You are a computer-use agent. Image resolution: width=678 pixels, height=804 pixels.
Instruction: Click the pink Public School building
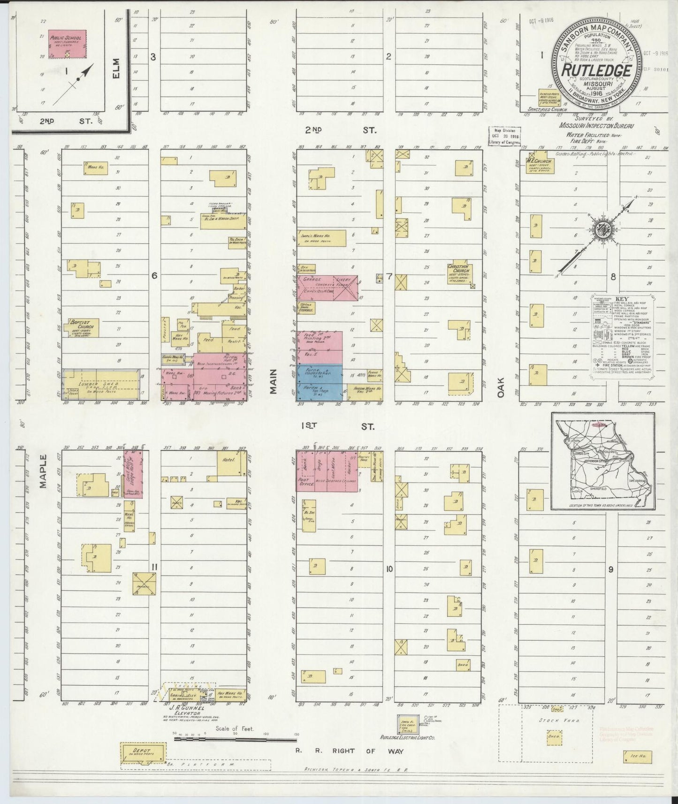tap(68, 45)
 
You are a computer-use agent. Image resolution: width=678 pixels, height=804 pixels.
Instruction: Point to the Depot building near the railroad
tap(143, 752)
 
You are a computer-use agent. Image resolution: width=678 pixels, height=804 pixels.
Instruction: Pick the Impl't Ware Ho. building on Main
tap(321, 238)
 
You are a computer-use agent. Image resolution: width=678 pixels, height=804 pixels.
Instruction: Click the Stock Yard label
tap(556, 720)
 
